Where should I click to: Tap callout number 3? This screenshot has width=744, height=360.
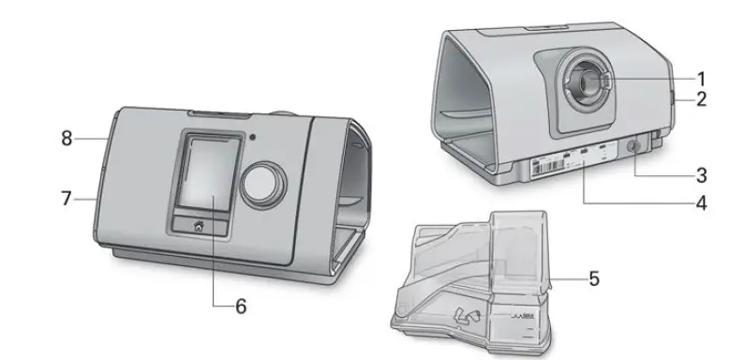[700, 174]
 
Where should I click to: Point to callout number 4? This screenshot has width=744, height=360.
[700, 202]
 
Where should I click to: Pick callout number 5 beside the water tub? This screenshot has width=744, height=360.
[593, 278]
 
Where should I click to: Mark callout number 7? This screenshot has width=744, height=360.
[67, 198]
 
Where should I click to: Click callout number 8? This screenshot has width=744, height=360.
[67, 139]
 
